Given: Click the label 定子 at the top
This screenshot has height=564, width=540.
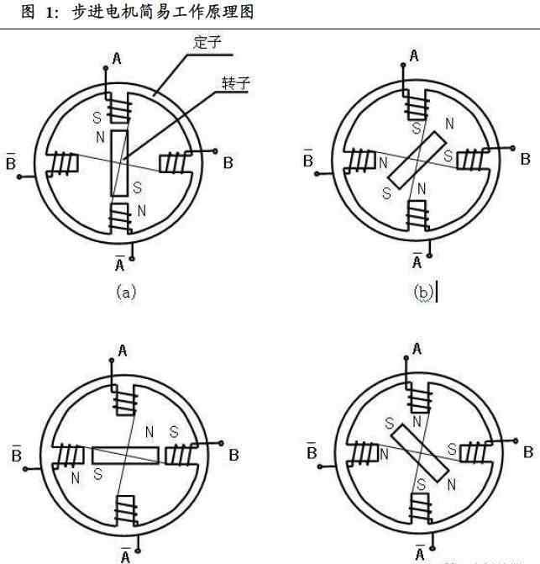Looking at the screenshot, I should (207, 42).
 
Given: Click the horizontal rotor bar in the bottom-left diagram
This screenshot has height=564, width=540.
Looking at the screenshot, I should (125, 455).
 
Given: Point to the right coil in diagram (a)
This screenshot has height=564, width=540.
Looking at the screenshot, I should (174, 161).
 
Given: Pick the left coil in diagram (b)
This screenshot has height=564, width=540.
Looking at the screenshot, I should (364, 160).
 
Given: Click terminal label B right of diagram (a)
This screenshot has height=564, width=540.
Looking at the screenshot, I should (228, 162).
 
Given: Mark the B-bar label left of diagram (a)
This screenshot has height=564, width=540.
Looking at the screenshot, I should (11, 161).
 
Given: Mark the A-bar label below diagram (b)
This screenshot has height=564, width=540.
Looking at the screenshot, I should (417, 261).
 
